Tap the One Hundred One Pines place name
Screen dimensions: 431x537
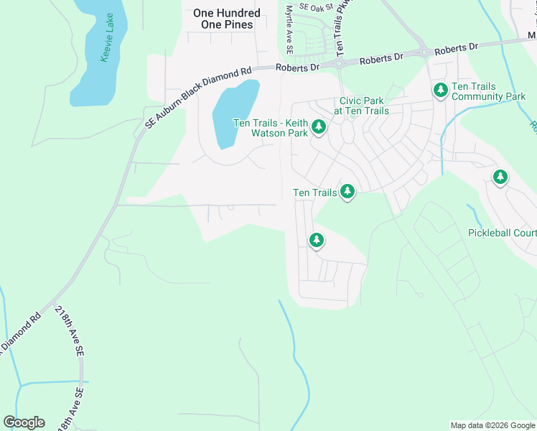227,19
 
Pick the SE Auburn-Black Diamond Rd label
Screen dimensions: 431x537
197,98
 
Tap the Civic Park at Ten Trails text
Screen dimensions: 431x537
361,106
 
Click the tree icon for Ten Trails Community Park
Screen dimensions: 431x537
440,91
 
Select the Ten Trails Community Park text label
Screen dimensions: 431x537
489,91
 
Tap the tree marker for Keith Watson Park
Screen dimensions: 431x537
319,129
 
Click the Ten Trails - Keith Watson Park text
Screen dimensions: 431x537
271,127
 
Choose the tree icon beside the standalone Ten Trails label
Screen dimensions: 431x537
347,192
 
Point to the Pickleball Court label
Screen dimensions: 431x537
502,233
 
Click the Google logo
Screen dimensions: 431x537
24,422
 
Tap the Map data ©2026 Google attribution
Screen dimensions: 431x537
492,425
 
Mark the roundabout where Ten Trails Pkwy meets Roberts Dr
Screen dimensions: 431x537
338,63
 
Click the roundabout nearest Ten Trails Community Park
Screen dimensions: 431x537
424,52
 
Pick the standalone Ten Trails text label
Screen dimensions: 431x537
315,193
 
